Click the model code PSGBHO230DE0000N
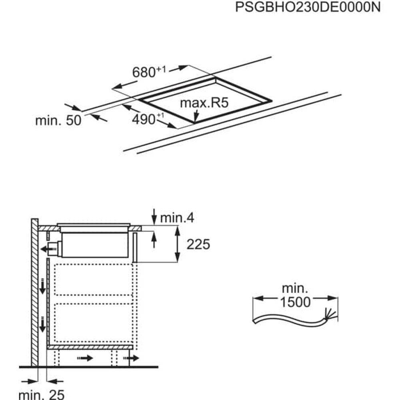point(307,7)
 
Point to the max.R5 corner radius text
point(204,103)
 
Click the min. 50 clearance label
point(58,120)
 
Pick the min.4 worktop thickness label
point(177,218)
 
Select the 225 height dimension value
point(198,244)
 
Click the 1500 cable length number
point(295,302)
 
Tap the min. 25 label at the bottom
point(41,395)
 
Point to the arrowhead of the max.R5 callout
point(195,119)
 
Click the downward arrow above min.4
point(154,216)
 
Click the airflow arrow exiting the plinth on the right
point(133,358)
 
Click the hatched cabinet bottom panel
point(90,347)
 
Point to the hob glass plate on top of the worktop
point(94,224)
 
